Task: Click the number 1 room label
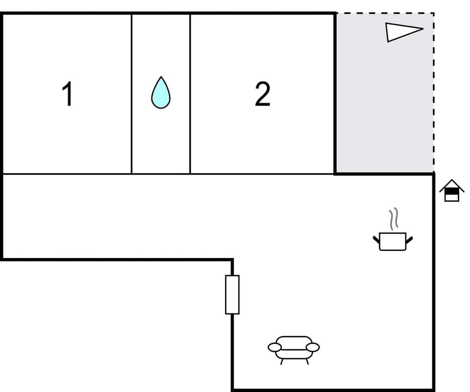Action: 68,94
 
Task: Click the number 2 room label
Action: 262,94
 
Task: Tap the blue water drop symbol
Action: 161,93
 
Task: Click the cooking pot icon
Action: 393,241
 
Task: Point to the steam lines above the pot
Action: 394,219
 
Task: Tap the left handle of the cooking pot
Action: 376,239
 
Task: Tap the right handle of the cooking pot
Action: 409,239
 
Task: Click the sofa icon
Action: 294,347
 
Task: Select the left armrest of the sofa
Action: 275,347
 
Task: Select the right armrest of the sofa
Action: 313,347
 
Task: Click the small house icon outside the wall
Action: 451,191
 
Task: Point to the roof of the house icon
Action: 451,184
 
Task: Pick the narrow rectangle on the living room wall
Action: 232,294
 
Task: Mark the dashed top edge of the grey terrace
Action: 384,13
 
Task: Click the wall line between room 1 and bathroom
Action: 132,93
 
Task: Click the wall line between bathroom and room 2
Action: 190,93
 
